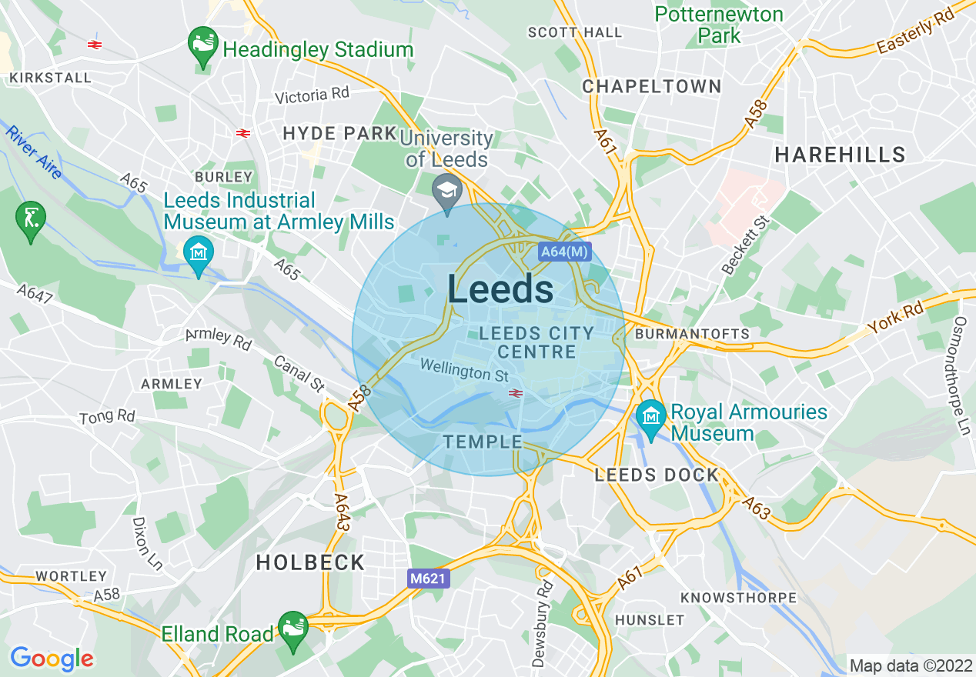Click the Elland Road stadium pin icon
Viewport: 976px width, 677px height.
click(292, 629)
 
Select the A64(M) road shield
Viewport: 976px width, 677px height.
click(564, 252)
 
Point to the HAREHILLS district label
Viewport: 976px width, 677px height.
click(840, 155)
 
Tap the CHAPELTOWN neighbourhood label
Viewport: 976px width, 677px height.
click(651, 86)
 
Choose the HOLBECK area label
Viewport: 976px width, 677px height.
click(310, 562)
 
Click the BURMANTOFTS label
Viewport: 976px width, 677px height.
click(691, 334)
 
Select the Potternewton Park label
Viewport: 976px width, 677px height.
click(719, 25)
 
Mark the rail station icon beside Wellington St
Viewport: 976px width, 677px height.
click(516, 393)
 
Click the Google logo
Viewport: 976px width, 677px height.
click(52, 659)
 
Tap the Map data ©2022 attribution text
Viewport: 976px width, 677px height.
click(910, 665)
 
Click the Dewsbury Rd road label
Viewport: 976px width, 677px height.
click(544, 623)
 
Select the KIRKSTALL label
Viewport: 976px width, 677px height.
click(49, 78)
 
